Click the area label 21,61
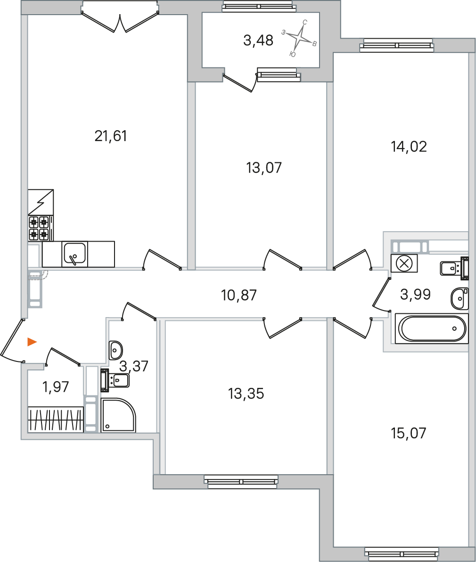pyautogui.click(x=111, y=136)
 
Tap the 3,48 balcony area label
pyautogui.click(x=258, y=41)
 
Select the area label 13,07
pyautogui.click(x=264, y=168)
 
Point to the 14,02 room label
pyautogui.click(x=409, y=147)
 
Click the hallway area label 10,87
pyautogui.click(x=239, y=295)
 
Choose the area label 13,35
pyautogui.click(x=246, y=393)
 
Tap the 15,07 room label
pyautogui.click(x=409, y=433)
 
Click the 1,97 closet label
pyautogui.click(x=56, y=387)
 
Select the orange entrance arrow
pyautogui.click(x=32, y=342)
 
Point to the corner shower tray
pyautogui.click(x=118, y=415)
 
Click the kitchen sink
pyautogui.click(x=74, y=253)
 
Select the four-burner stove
pyautogui.click(x=40, y=227)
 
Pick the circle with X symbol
pyautogui.click(x=404, y=263)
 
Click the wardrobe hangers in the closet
pyautogui.click(x=56, y=419)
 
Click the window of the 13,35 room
pyautogui.click(x=241, y=481)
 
